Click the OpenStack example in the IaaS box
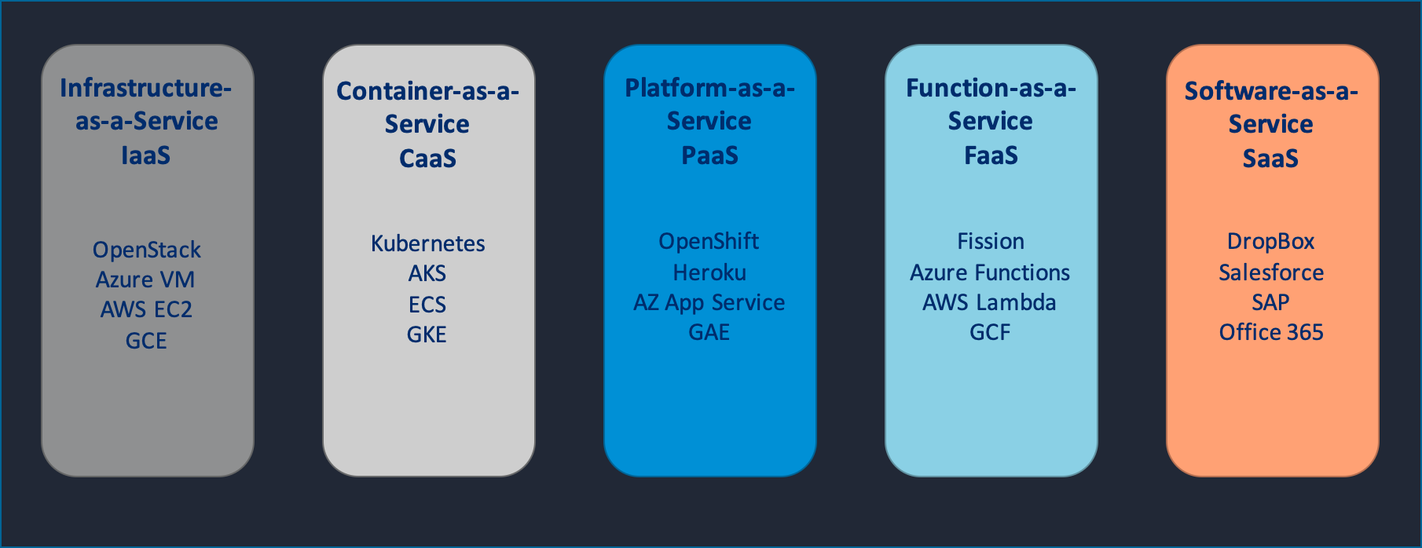pyautogui.click(x=147, y=250)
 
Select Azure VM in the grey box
pyautogui.click(x=145, y=279)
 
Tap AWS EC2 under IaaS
pyautogui.click(x=146, y=309)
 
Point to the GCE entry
pyautogui.click(x=146, y=341)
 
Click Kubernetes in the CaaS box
pyautogui.click(x=427, y=243)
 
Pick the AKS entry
pyautogui.click(x=427, y=273)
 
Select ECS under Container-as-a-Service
pyautogui.click(x=427, y=304)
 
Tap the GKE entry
pyautogui.click(x=427, y=334)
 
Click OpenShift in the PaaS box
pyautogui.click(x=709, y=241)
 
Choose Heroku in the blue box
pyautogui.click(x=709, y=272)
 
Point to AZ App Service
pyautogui.click(x=709, y=302)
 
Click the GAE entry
pyautogui.click(x=709, y=332)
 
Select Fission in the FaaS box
pyautogui.click(x=990, y=241)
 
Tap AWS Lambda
pyautogui.click(x=989, y=302)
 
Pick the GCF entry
pyautogui.click(x=989, y=332)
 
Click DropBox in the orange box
pyautogui.click(x=1270, y=241)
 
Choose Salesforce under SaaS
pyautogui.click(x=1270, y=272)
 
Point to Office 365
pyautogui.click(x=1270, y=332)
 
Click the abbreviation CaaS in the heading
pyautogui.click(x=427, y=159)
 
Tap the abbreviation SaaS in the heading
pyautogui.click(x=1270, y=159)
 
